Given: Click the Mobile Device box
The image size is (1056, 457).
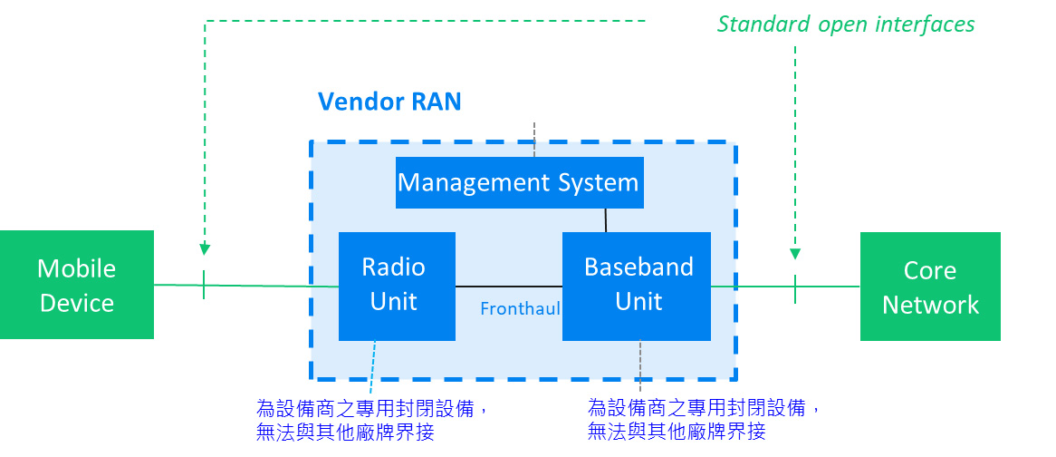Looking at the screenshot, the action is (x=77, y=285).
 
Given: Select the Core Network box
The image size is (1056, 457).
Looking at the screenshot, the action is (x=930, y=287).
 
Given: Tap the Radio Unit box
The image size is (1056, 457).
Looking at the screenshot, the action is (x=397, y=286).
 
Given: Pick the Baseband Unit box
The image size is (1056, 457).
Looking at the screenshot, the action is (x=637, y=286).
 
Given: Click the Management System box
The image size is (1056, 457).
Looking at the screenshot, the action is (x=519, y=182).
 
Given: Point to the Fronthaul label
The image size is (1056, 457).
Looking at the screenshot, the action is (x=520, y=308).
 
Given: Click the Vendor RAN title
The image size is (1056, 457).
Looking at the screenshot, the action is (x=389, y=102).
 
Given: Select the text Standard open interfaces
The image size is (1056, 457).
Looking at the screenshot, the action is (x=846, y=25).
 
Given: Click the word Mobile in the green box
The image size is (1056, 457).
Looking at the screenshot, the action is (x=77, y=268).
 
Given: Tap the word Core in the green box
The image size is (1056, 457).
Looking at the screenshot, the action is (x=930, y=270).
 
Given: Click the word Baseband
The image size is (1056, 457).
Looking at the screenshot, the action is (x=638, y=267).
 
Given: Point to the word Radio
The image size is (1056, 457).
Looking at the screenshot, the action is (x=393, y=267).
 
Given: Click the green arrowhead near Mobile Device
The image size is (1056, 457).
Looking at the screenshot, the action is (x=205, y=249).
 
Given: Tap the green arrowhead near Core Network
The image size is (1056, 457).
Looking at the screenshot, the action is (x=795, y=254).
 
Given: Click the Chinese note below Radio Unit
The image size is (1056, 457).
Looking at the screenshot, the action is (x=371, y=419).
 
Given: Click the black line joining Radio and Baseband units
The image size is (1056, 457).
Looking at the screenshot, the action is (x=509, y=287).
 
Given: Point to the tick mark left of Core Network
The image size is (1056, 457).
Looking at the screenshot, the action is (x=795, y=288).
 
